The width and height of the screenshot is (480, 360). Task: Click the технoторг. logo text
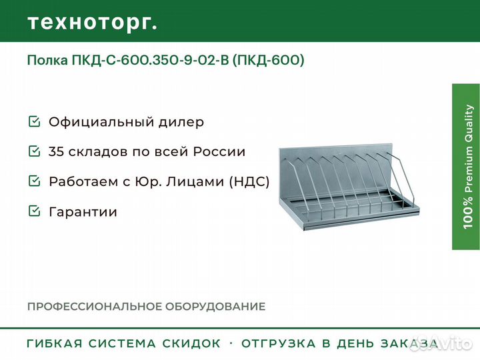tap(93, 23)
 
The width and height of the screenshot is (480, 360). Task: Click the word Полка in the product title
tap(47, 60)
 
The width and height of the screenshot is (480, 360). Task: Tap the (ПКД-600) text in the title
tap(268, 60)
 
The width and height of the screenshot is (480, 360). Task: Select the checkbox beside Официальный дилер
tap(34, 121)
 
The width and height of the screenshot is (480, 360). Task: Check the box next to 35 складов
tap(34, 151)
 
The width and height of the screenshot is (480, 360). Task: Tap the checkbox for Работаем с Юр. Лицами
tap(34, 181)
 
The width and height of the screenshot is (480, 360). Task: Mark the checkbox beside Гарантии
tap(34, 211)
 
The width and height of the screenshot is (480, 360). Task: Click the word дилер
tap(181, 123)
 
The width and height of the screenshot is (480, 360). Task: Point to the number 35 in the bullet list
tap(57, 151)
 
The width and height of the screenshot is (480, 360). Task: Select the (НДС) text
tap(249, 181)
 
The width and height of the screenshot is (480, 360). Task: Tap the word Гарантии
tap(83, 212)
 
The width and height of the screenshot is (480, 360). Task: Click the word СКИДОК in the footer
tap(191, 343)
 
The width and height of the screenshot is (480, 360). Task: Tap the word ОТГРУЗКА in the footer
tap(279, 343)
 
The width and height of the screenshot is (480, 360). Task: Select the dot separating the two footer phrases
tap(231, 343)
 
